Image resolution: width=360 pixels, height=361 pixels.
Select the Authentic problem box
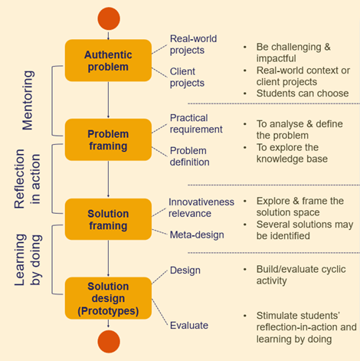tap(108, 61)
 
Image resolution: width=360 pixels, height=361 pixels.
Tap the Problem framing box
tap(108, 139)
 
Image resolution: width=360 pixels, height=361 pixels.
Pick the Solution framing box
tap(108, 218)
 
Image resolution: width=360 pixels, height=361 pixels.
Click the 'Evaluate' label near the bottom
tap(188, 325)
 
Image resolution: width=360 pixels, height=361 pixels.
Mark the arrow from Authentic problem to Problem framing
tap(109, 100)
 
